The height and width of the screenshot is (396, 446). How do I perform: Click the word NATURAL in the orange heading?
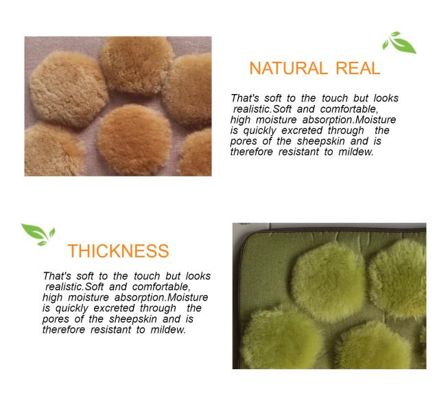pos(288,68)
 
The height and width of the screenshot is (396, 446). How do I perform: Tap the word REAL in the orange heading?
pos(357,68)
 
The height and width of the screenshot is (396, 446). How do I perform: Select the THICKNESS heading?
pos(118,251)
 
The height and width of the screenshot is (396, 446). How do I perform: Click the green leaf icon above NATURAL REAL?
pos(399,43)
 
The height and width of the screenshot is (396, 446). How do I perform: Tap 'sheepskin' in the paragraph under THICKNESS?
pos(133,319)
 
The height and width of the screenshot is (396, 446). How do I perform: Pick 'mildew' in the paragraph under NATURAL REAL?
pos(355,152)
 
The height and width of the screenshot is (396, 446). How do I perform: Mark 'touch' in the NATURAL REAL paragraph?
pos(335,98)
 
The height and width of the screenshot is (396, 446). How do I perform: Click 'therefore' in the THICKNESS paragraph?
pos(64,329)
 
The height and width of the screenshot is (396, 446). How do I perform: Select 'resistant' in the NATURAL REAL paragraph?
pos(298,152)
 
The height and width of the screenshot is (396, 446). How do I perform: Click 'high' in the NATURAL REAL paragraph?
pos(240,120)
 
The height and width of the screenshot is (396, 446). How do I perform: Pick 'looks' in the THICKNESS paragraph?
pos(198,276)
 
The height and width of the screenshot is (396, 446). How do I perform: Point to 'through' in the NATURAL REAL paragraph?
pos(346,131)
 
